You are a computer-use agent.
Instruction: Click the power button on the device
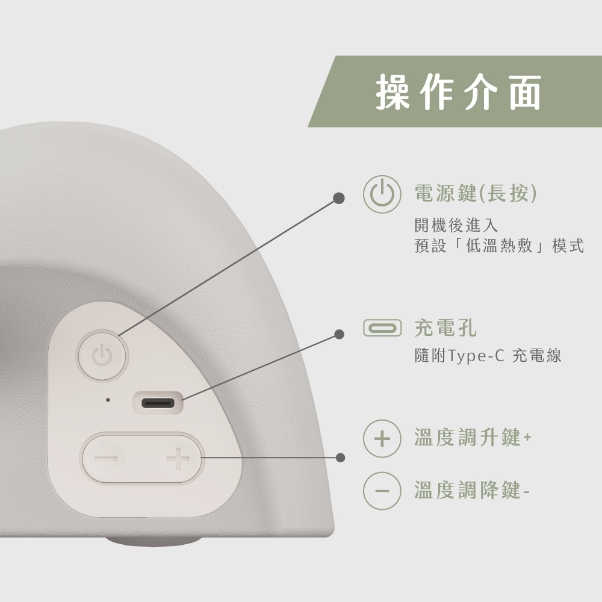click(x=102, y=356)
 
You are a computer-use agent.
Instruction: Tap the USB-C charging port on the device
click(x=158, y=403)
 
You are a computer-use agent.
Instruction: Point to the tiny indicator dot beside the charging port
click(x=108, y=400)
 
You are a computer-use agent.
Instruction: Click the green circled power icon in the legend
click(x=382, y=194)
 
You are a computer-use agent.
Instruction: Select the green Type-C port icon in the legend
click(x=382, y=328)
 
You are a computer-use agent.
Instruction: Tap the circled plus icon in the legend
click(x=382, y=438)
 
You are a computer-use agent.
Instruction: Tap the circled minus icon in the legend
click(x=382, y=491)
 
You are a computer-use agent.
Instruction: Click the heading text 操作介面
click(x=458, y=92)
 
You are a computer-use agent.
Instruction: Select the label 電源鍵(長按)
click(x=476, y=193)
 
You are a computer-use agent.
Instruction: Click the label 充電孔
click(x=445, y=328)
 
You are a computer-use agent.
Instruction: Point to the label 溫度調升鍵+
click(x=473, y=437)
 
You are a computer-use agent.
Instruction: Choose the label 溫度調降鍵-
click(x=472, y=490)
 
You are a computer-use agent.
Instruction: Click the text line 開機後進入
click(x=456, y=225)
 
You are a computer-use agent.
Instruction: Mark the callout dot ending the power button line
click(x=338, y=198)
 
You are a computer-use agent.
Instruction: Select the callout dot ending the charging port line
click(x=339, y=334)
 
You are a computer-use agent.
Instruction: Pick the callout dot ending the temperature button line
click(x=340, y=458)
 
